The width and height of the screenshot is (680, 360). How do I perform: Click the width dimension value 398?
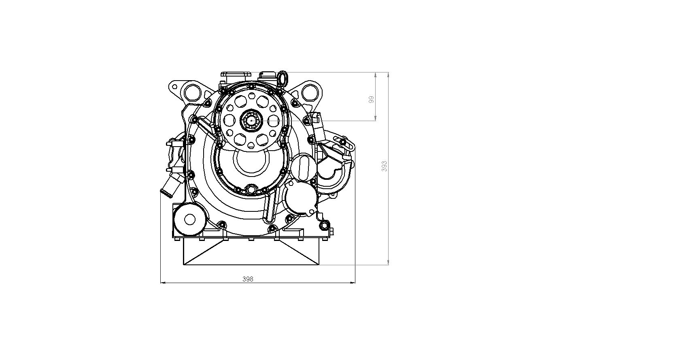tap(248, 279)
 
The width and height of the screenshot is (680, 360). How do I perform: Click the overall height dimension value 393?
tap(385, 166)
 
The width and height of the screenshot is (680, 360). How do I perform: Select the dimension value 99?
tap(371, 100)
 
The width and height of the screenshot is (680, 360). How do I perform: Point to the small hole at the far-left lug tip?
tap(174, 87)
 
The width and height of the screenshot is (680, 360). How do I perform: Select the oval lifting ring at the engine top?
tap(283, 78)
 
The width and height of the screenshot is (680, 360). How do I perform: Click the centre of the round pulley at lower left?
tap(190, 219)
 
